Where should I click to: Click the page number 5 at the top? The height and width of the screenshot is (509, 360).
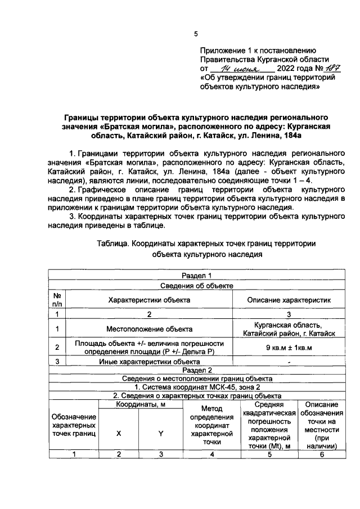[196, 34]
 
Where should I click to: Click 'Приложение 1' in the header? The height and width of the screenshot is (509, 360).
[225, 50]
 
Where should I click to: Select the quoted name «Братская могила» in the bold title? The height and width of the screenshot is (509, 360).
[133, 127]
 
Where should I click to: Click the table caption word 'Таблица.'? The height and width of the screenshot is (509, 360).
[114, 244]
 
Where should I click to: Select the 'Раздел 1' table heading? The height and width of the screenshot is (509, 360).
[196, 276]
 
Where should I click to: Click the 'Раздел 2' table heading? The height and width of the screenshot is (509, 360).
[196, 371]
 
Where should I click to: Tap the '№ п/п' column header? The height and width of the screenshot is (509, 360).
[57, 299]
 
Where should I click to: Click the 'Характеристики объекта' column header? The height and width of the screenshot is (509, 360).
[148, 299]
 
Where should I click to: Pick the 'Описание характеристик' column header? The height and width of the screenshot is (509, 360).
[289, 299]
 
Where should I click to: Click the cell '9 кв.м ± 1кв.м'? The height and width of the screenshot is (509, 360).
[289, 347]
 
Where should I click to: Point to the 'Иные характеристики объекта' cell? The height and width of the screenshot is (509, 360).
[148, 362]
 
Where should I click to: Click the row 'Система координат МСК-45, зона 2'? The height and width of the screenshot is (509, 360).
[196, 387]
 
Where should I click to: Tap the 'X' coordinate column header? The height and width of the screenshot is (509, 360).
[118, 434]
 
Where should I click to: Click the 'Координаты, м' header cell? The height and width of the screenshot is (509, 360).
[139, 405]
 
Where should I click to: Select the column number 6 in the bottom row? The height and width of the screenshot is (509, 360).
[322, 456]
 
